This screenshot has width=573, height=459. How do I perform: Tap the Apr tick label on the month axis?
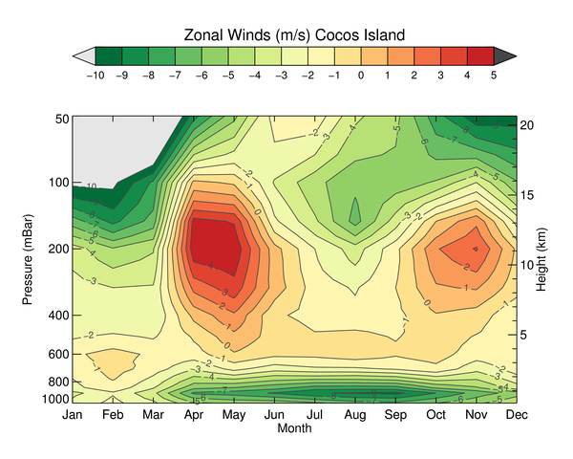tap(193, 415)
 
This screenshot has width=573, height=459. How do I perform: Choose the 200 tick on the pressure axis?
tap(57, 249)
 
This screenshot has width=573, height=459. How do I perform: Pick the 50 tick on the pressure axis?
tap(61, 119)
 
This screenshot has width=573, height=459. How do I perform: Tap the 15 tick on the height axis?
tap(530, 195)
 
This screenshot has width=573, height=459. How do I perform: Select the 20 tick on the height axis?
tap(530, 124)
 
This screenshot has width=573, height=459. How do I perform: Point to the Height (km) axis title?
tap(550, 259)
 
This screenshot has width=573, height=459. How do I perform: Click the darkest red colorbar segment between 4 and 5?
tap(480, 55)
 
